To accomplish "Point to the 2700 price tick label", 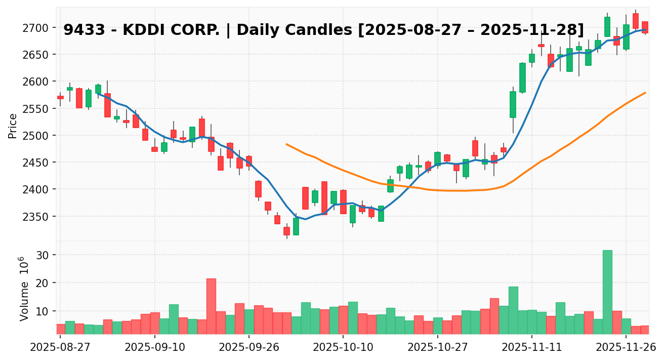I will coord(37,27).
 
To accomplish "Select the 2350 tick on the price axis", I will coord(37,217).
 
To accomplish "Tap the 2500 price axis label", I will coord(37,136).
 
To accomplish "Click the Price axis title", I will coord(13,126).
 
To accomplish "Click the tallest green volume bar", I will coord(607,292).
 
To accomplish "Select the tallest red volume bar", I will coord(211,306).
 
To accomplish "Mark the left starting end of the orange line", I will coord(286,144).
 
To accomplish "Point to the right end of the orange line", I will coord(645,93).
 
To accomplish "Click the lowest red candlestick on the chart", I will coord(286,231).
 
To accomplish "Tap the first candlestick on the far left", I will coord(60,97).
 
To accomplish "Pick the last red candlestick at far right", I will coord(645,27).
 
